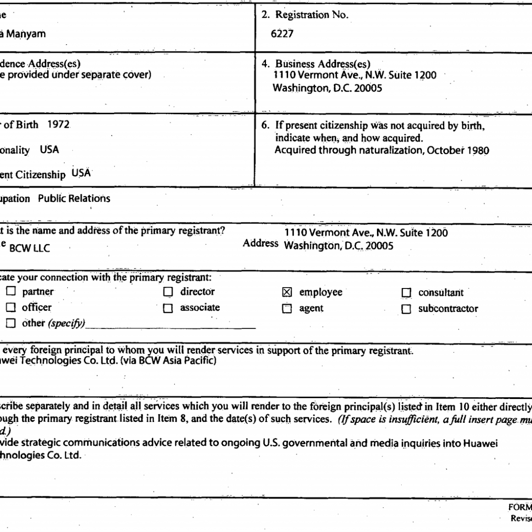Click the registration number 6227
click(282, 33)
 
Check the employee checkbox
click(287, 293)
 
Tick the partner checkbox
click(11, 292)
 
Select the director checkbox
click(168, 292)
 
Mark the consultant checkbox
click(406, 293)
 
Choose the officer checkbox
click(11, 307)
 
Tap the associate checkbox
click(168, 309)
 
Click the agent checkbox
click(287, 309)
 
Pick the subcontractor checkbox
click(406, 310)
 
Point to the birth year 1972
click(58, 125)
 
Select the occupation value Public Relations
click(74, 199)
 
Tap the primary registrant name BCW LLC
click(29, 249)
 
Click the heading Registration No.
click(311, 15)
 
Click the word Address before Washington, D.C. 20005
click(260, 243)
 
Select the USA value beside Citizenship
click(81, 173)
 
